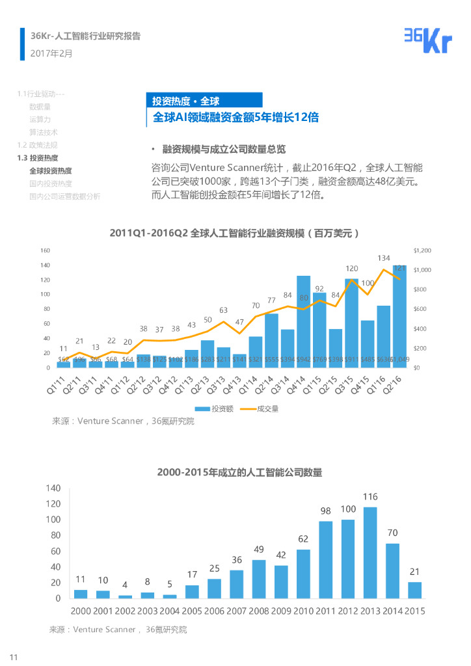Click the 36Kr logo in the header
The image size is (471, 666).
(427, 40)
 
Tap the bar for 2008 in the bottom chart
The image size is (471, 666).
(259, 579)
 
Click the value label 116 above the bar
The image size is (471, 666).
(370, 497)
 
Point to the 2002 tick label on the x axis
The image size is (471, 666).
(125, 611)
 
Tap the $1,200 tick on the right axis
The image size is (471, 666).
(422, 250)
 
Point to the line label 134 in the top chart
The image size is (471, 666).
(384, 259)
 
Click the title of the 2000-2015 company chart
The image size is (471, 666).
(239, 472)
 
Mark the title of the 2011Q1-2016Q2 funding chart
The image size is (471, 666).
(235, 232)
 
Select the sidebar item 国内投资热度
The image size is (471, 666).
(51, 183)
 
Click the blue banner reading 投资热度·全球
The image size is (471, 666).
(204, 100)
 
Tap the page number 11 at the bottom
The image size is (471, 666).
(13, 656)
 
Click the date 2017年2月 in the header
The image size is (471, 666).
(52, 53)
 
